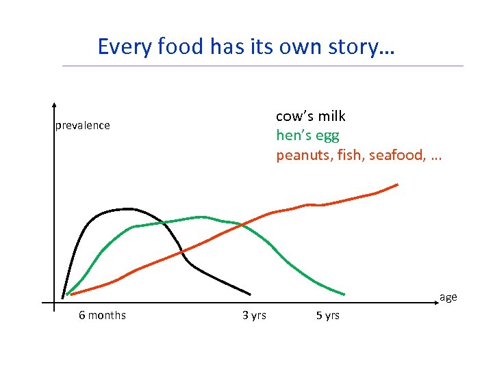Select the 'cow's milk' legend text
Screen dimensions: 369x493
(x=310, y=116)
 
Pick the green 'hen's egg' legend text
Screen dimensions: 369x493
(x=307, y=135)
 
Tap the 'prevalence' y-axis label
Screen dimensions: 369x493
(x=82, y=126)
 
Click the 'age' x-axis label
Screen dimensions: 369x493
(x=448, y=297)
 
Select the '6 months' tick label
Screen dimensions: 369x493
(x=102, y=315)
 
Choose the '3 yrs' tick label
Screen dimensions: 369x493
(x=254, y=315)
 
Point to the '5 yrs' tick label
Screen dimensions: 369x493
(x=327, y=315)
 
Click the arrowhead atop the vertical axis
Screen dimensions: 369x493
(x=53, y=107)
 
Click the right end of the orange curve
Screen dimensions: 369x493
(x=398, y=184)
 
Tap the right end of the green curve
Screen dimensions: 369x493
(x=344, y=295)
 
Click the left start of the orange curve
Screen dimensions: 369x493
(x=71, y=294)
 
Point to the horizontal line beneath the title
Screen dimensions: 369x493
(x=262, y=66)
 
